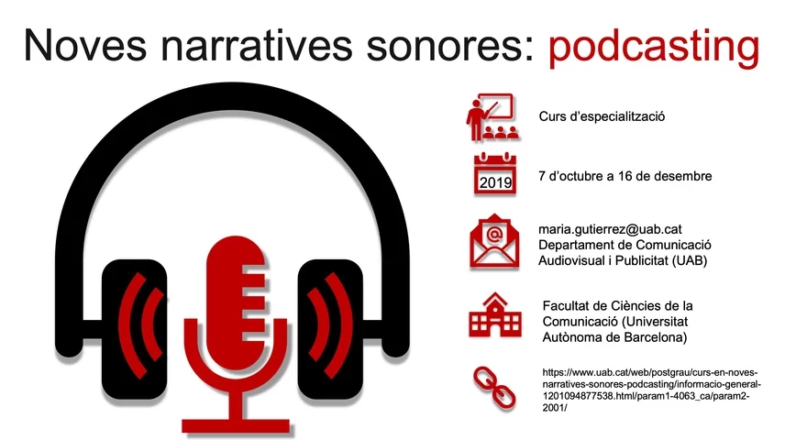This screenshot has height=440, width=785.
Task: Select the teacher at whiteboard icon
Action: point(492,118)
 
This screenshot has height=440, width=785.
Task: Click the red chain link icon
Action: point(493,389)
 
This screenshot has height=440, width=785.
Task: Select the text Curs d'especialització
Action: point(601,118)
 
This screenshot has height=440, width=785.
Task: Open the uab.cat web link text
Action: point(647,390)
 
